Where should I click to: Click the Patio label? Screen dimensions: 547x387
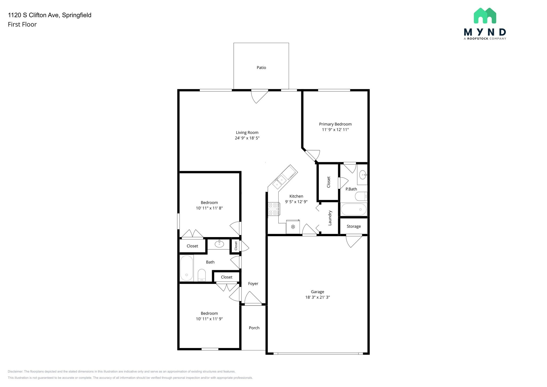[261, 68]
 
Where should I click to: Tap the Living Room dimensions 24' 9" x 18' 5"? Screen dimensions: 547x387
[247, 138]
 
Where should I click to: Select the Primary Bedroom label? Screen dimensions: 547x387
[335, 124]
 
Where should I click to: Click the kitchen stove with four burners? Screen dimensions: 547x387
[274, 209]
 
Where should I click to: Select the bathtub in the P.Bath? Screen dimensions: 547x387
[354, 209]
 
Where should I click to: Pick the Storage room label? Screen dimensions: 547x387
[354, 226]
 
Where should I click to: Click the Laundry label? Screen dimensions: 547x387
[330, 218]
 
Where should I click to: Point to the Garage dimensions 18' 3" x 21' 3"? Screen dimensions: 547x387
[318, 297]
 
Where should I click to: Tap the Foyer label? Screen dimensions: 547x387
[253, 284]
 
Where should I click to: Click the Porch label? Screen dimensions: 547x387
[254, 328]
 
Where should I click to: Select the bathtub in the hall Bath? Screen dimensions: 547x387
[187, 268]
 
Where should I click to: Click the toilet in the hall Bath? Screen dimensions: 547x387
[202, 275]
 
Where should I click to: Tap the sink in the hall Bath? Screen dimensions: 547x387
[219, 244]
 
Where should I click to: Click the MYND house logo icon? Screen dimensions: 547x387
[485, 16]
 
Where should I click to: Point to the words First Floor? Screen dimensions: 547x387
[22, 25]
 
